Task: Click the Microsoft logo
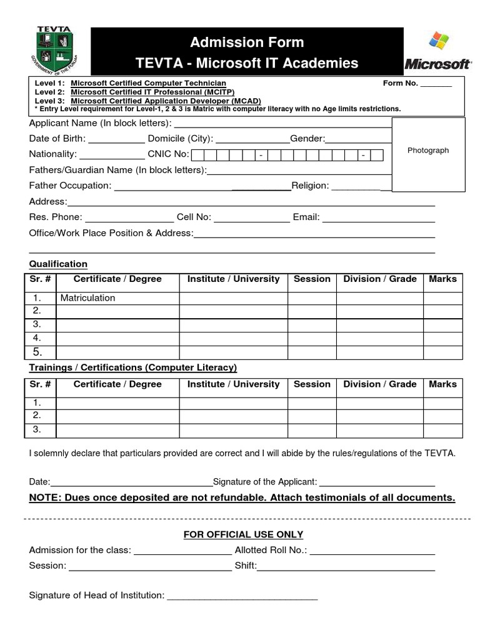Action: point(437,52)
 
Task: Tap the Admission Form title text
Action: point(247,42)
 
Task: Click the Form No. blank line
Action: point(436,84)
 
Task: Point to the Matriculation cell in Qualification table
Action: point(87,298)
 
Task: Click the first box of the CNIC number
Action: point(197,154)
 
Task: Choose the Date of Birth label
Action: point(57,138)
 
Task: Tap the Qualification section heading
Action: point(58,264)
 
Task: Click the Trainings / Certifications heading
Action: point(133,367)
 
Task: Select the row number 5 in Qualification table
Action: point(37,351)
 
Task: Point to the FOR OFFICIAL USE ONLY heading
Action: point(243,534)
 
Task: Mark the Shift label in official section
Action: point(245,566)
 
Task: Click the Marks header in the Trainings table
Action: point(442,384)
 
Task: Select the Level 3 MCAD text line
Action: point(147,101)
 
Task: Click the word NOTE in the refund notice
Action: point(44,497)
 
